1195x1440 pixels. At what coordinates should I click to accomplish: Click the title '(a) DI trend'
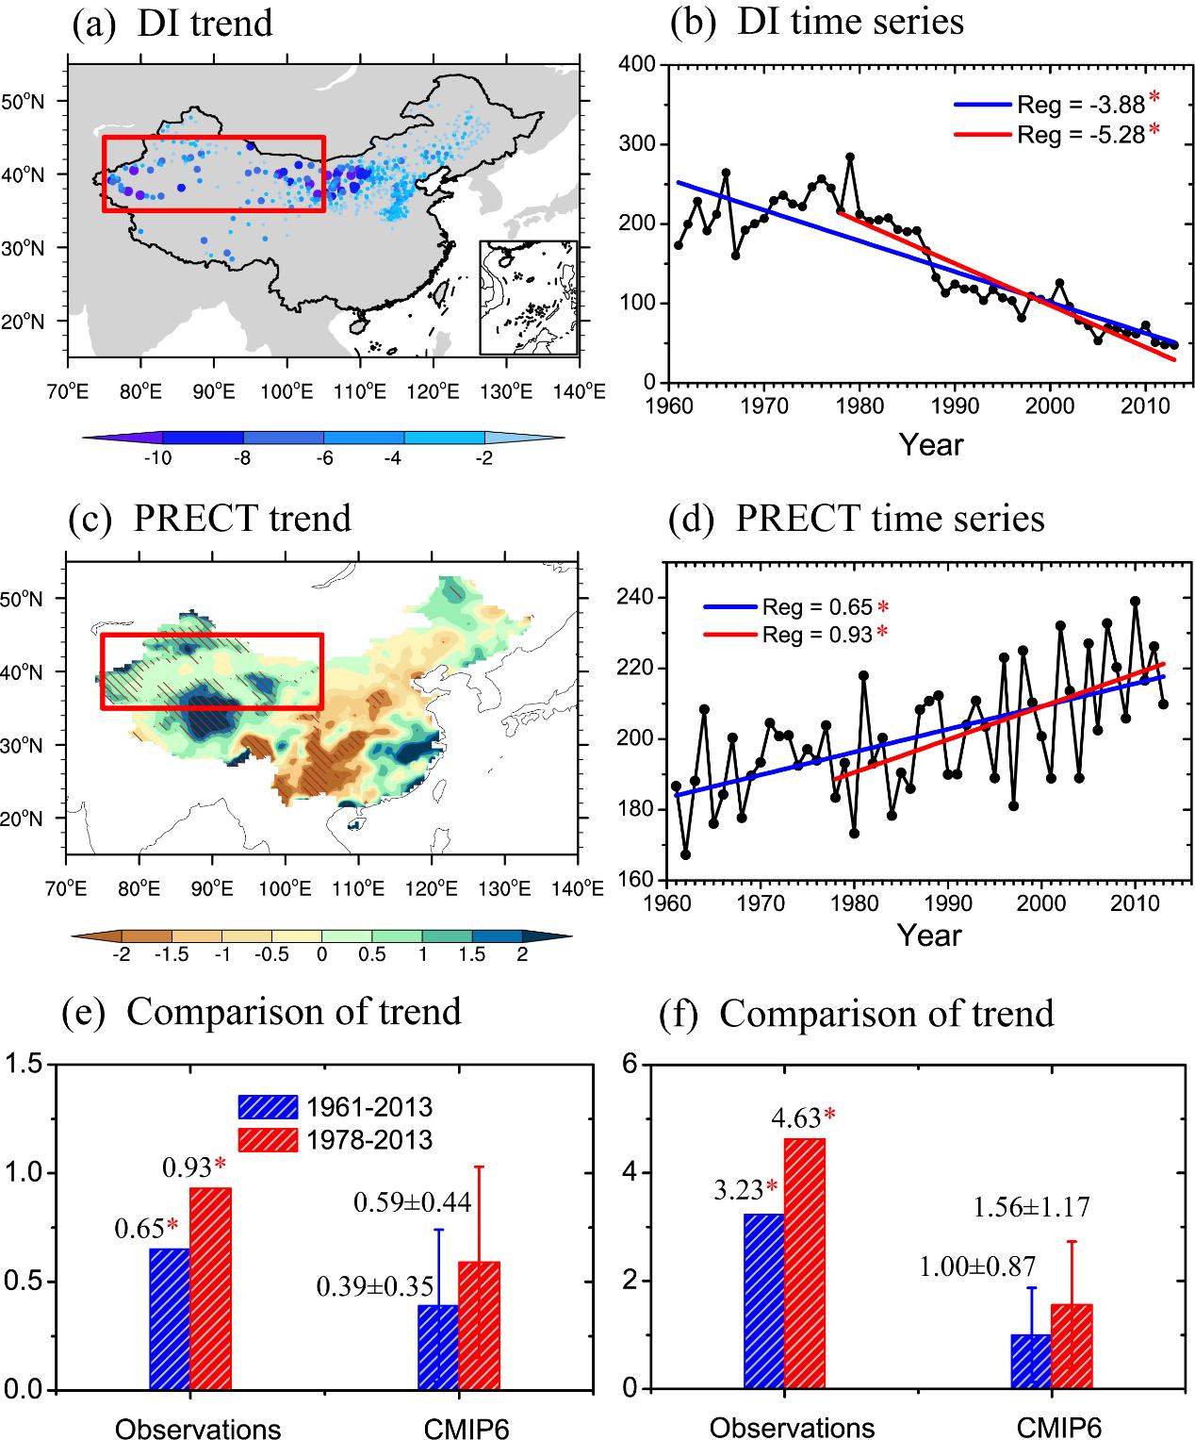[173, 23]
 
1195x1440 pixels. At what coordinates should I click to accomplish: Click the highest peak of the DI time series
[850, 157]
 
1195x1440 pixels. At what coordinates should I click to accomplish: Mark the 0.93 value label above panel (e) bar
[187, 1167]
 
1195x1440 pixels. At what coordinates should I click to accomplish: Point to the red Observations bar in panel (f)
[805, 1264]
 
